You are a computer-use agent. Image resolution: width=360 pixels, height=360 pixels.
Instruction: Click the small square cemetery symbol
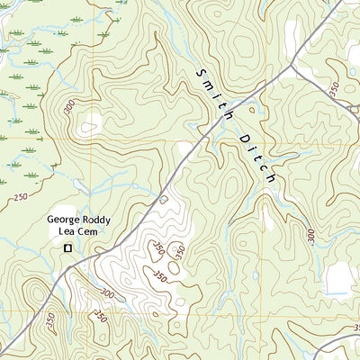tap(67, 248)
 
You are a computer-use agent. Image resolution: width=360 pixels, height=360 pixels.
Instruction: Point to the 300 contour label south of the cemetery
tap(108, 293)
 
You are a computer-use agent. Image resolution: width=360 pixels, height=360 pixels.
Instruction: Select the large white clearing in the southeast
tap(338, 280)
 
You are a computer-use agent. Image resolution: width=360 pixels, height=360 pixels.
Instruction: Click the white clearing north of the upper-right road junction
tap(292, 33)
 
